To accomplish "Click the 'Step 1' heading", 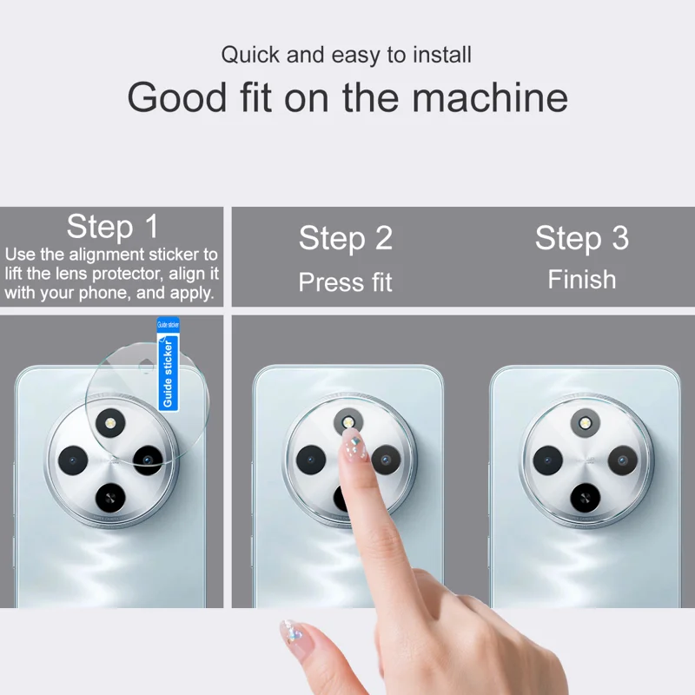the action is (x=113, y=227).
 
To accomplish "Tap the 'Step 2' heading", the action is (x=346, y=238).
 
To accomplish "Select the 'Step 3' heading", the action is (x=582, y=238).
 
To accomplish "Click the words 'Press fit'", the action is (x=345, y=281).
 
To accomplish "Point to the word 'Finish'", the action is (x=582, y=280).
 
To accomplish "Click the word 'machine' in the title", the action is (x=490, y=97).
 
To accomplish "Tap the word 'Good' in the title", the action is (x=177, y=97).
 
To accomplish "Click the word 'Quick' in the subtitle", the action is (x=250, y=55).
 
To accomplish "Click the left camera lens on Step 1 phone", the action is (x=73, y=460).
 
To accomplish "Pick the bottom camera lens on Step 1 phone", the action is (x=110, y=498).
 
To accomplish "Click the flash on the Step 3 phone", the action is (x=585, y=423).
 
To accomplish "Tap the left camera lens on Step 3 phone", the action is (x=548, y=460).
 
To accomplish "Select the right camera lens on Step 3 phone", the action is (x=622, y=460).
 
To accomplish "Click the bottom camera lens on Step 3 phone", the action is (x=585, y=498).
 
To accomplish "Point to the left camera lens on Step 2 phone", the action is (x=311, y=460).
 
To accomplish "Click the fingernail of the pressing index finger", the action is (x=354, y=446).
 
